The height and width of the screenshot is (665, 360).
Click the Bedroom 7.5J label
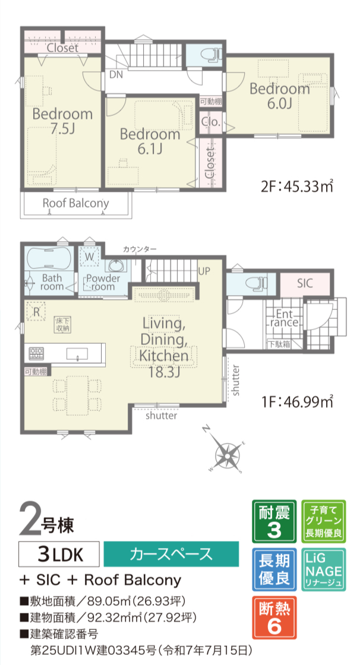click(63, 121)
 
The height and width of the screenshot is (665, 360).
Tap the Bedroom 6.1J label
click(150, 141)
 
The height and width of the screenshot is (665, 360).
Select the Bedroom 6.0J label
click(279, 96)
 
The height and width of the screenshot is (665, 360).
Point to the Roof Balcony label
click(75, 203)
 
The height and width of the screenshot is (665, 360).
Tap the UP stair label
click(204, 271)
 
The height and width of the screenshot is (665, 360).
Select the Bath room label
click(52, 282)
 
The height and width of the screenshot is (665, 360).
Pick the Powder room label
click(101, 283)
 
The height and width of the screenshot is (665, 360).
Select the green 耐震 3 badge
click(274, 521)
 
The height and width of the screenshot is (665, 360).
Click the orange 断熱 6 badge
click(274, 617)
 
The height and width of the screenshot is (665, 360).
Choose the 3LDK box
click(59, 554)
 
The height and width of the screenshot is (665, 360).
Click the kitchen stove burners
click(36, 353)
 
